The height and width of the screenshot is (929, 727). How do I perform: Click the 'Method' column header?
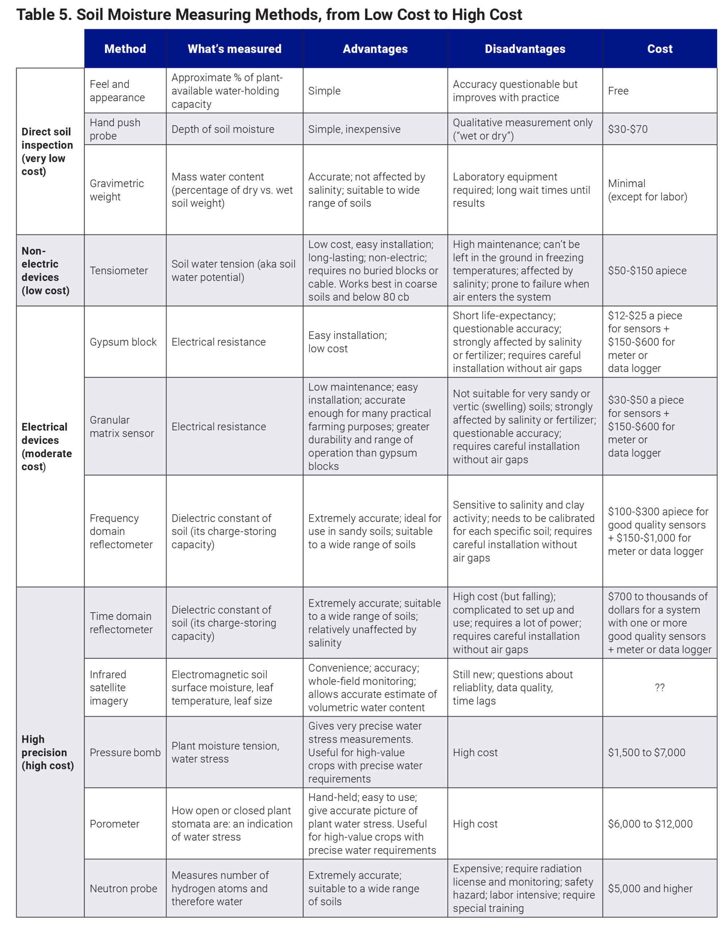tap(125, 49)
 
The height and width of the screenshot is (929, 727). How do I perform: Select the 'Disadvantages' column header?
tap(525, 49)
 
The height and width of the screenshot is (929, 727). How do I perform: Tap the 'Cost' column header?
tap(660, 49)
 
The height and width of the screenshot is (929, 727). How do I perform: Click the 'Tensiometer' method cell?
tap(119, 271)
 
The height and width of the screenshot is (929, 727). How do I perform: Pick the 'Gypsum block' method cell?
tap(123, 342)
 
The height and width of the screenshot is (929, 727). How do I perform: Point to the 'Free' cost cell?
tap(618, 91)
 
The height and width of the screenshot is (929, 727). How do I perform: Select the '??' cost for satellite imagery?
tap(660, 687)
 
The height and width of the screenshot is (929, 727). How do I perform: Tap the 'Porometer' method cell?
tap(114, 824)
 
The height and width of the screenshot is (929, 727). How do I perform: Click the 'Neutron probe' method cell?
tap(123, 889)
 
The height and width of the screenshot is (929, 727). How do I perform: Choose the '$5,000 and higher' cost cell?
tap(650, 889)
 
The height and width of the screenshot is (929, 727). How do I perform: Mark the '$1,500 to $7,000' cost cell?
tap(646, 752)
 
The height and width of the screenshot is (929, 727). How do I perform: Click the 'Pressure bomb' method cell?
tap(125, 752)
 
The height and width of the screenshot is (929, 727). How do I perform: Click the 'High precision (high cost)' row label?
tap(47, 752)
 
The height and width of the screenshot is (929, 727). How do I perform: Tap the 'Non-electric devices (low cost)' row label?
tap(45, 271)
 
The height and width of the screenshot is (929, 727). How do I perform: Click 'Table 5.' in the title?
tap(44, 15)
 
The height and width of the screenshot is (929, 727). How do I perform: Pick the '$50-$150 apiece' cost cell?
tap(647, 271)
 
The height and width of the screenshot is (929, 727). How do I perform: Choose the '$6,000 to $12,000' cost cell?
tap(650, 824)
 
